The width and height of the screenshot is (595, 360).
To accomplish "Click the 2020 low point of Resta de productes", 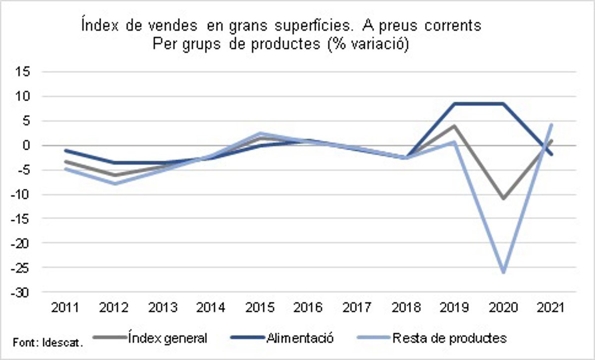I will click(x=504, y=272).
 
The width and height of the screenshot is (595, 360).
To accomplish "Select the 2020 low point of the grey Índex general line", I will click(x=504, y=199).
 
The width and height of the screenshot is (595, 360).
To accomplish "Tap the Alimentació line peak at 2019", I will click(x=455, y=104).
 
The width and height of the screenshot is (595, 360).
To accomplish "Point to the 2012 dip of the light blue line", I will click(x=115, y=183).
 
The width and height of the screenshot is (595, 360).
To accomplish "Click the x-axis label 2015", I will click(x=260, y=308).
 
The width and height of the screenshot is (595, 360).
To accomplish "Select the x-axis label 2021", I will click(x=551, y=308).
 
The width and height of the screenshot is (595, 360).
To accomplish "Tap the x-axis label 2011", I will click(x=66, y=308).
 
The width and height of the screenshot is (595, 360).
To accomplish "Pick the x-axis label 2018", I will click(x=406, y=308).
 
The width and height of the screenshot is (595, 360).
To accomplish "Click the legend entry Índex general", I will click(x=167, y=339).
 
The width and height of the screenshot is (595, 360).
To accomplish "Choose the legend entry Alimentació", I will click(x=299, y=339).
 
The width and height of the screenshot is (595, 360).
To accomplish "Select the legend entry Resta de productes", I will click(x=449, y=339).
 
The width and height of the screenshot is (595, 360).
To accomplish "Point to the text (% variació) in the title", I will click(x=367, y=45).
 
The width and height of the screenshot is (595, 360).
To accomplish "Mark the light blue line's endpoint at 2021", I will click(x=551, y=124).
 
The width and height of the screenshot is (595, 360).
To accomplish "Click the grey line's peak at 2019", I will click(x=455, y=126).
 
